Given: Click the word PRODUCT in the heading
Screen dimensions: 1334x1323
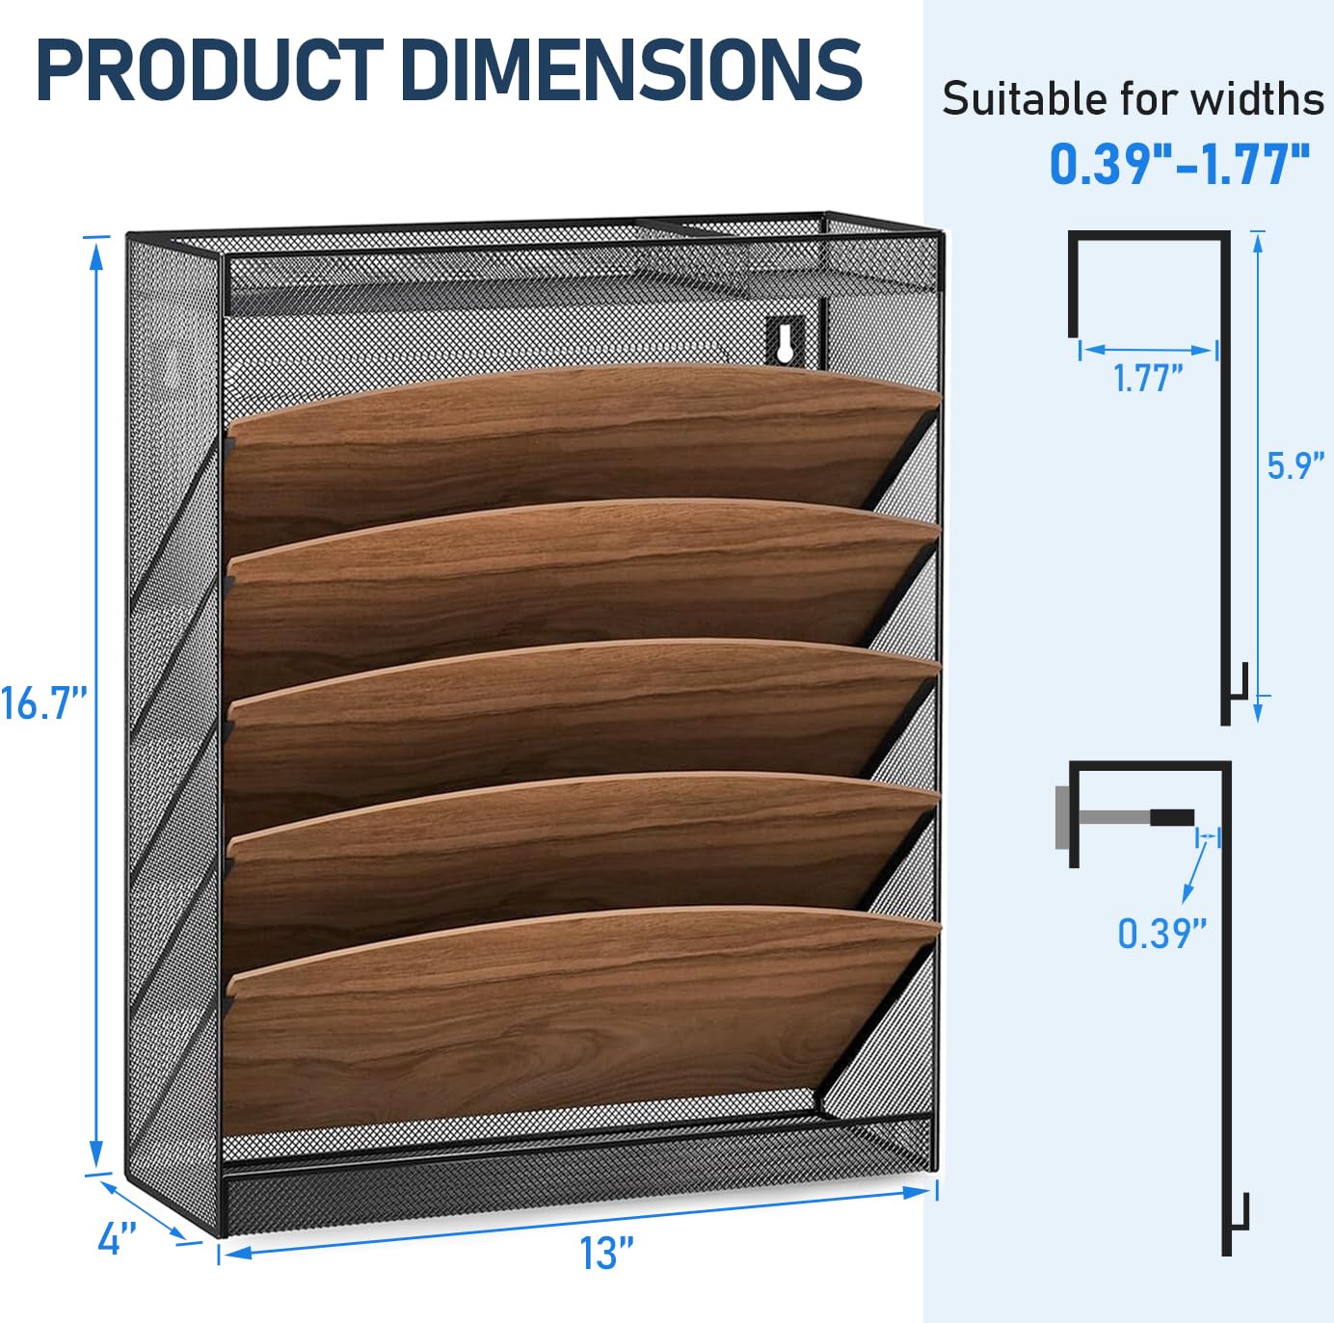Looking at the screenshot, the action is [210, 70].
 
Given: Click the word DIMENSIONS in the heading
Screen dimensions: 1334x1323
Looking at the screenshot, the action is [631, 70].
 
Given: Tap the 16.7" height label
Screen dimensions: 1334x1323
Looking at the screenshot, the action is [43, 703].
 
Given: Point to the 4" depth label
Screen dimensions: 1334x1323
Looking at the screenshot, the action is [117, 1238].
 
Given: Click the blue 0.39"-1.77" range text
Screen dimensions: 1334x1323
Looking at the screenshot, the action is [1180, 164].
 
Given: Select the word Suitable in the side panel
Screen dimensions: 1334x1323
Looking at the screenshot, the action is [1027, 98].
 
